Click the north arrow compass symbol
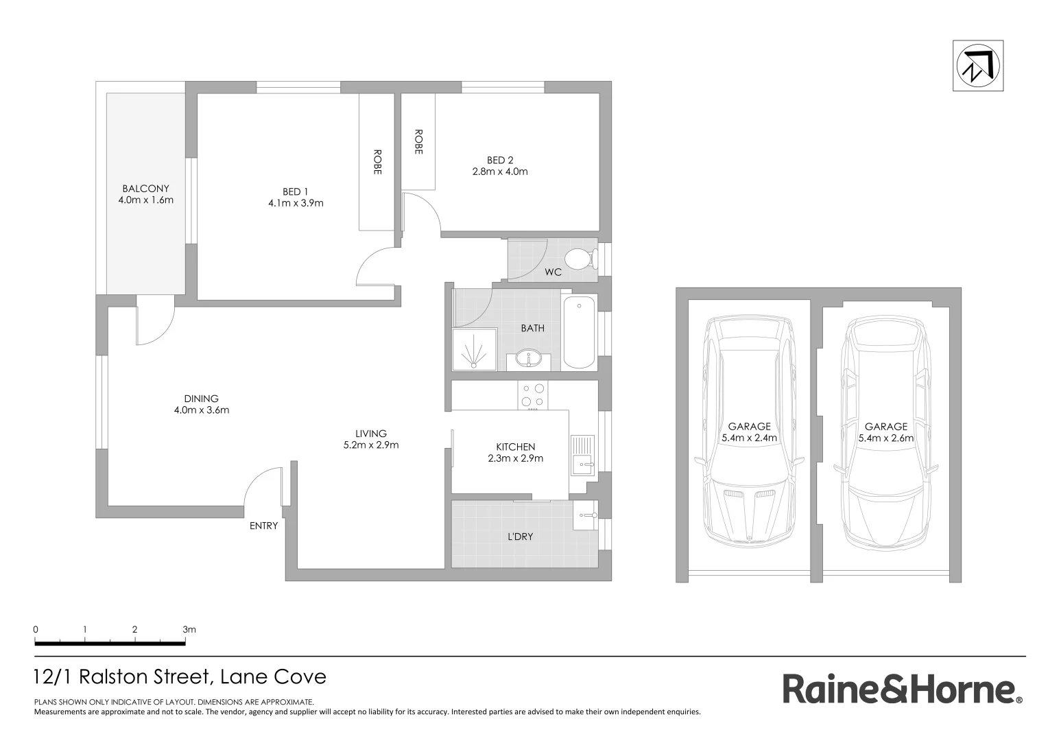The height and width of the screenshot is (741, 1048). pos(977,66)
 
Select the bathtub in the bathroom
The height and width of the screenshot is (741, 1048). pos(578,333)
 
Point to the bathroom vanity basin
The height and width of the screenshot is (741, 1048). pos(528,359)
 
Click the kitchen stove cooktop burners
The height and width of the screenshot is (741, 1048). pos(533,395)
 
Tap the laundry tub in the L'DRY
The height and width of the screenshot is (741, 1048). pos(586,515)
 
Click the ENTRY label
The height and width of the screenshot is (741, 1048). pos(263,526)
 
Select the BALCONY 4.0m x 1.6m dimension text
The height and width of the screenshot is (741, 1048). pos(145,200)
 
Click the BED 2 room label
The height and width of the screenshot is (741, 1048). pos(500,160)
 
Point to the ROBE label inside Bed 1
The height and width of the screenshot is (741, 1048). pos(377,162)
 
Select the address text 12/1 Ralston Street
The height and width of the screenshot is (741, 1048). pos(180,677)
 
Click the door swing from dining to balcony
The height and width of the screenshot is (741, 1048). pos(155,324)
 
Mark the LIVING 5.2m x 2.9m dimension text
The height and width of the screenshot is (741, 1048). pos(370,445)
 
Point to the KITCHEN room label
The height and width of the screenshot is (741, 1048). pos(515,447)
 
